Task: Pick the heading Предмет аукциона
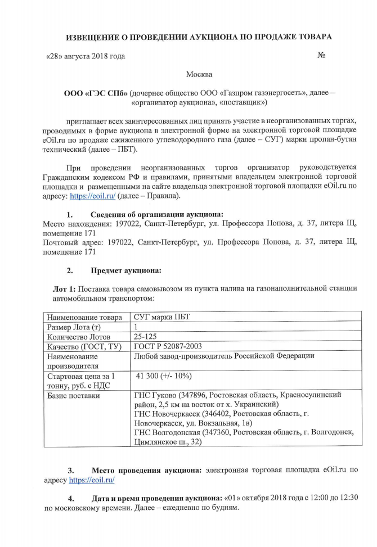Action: (125, 270)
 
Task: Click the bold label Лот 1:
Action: (68, 288)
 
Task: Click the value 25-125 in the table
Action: (145, 337)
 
